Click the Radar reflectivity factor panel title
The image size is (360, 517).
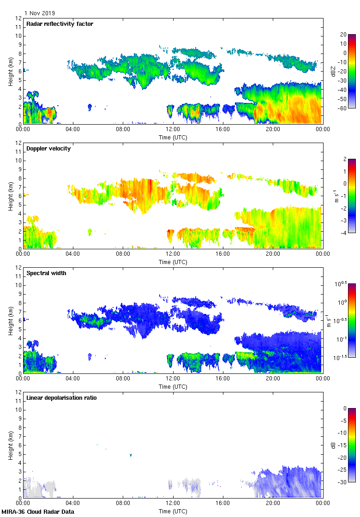click(60, 24)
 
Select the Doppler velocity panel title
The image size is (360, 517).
click(48, 149)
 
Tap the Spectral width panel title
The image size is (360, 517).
click(46, 273)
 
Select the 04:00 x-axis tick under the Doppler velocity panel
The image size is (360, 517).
click(73, 254)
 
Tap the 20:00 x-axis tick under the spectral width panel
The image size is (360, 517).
click(273, 379)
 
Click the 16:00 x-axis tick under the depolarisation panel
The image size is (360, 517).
click(223, 503)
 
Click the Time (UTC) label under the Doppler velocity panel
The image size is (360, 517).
click(173, 262)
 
